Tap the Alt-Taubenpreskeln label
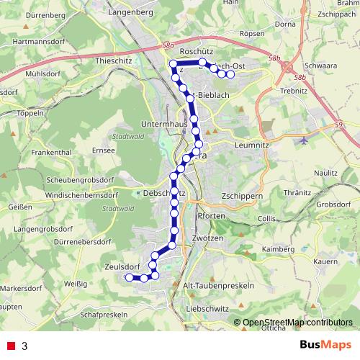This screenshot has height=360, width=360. click(220, 285)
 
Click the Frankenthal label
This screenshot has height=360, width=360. click(51, 153)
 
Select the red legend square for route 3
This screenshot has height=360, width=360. click(12, 346)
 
